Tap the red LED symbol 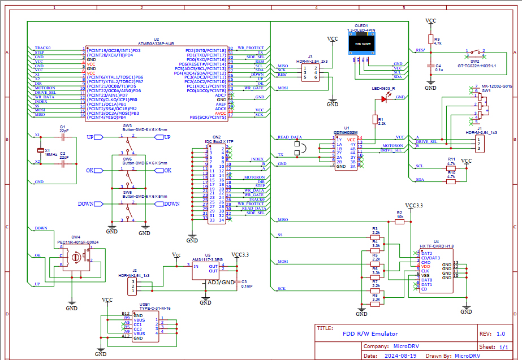[385, 99]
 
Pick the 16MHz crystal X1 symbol [40, 150]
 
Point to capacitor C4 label [438, 66]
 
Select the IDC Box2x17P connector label [217, 141]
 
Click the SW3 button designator [127, 125]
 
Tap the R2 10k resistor [399, 222]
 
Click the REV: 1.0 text [492, 333]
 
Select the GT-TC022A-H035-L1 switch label [477, 66]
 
